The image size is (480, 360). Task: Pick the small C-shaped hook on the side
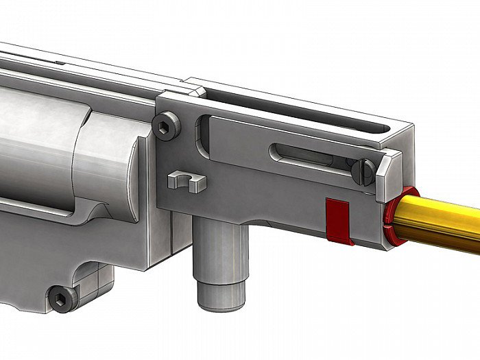[x=186, y=181]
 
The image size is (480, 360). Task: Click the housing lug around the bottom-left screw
[x=75, y=291]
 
